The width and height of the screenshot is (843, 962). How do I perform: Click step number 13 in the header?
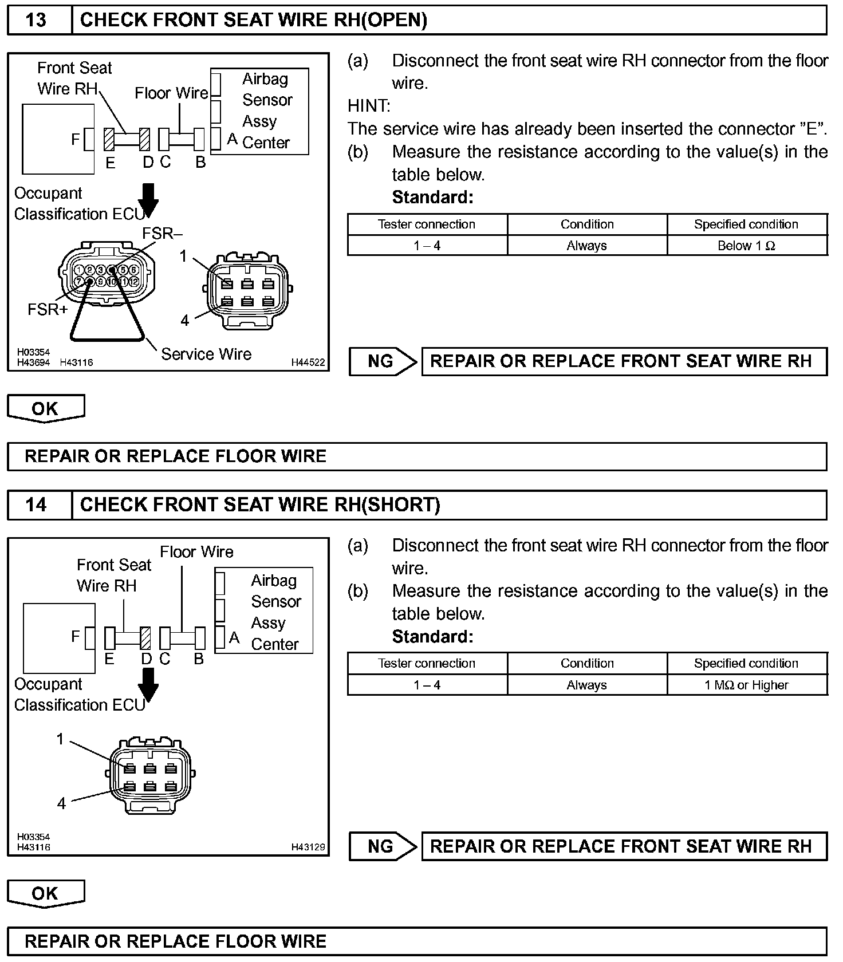[x=36, y=20]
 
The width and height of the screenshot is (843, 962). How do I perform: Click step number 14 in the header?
[x=36, y=504]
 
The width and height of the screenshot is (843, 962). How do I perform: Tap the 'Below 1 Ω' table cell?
[x=746, y=246]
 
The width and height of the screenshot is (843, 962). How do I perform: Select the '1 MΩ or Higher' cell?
[x=746, y=685]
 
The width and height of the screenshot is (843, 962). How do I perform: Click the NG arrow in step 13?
[x=383, y=361]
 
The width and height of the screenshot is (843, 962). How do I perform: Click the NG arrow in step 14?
[x=383, y=846]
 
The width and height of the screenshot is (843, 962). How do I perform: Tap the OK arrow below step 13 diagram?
[x=45, y=408]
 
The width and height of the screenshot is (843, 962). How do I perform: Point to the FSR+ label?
[x=48, y=310]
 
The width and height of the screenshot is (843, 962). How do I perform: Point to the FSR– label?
[x=162, y=234]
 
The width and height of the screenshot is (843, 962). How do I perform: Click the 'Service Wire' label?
[x=206, y=354]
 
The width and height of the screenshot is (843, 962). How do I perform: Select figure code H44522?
[x=308, y=362]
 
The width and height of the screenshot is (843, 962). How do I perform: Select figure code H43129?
[x=308, y=847]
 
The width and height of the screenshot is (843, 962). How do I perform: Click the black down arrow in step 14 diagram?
[x=149, y=684]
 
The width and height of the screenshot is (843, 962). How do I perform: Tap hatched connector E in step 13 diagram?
[x=109, y=139]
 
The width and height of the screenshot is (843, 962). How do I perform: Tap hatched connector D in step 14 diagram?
[x=145, y=638]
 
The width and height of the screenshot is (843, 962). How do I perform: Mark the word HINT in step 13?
[x=369, y=106]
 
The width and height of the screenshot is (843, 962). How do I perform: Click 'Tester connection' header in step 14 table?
[x=427, y=663]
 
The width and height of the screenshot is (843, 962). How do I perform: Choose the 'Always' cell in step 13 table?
[x=586, y=246]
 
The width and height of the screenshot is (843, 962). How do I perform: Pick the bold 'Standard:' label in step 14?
[x=432, y=636]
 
